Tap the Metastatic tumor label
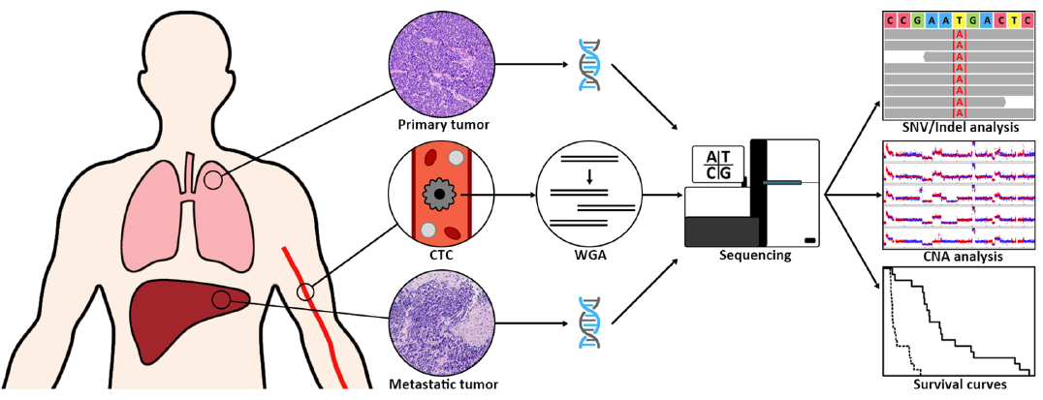point(443,385)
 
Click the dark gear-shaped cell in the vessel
point(439,195)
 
